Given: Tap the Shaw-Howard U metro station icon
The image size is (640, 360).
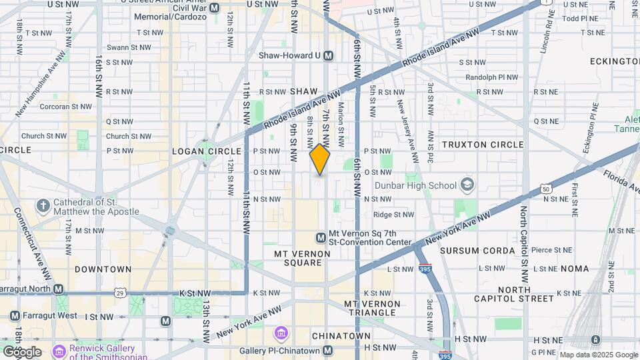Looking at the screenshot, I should pos(327,56).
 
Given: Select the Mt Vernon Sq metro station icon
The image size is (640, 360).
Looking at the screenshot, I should pos(321,237).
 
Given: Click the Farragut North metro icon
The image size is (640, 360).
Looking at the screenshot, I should pos(59,289).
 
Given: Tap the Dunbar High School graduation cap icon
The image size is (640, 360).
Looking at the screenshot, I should pos(468,185).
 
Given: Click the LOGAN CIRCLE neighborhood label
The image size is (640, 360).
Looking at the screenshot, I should pos(201,151).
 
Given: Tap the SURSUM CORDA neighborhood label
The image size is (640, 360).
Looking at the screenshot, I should pos(477,251).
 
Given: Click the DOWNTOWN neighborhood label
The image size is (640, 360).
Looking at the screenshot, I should pos(103,269).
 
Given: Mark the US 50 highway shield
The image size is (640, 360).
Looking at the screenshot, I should pos(546,189).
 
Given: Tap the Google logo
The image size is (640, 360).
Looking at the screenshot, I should pos(22,351).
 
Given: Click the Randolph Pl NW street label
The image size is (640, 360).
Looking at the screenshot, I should pos(491,77).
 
